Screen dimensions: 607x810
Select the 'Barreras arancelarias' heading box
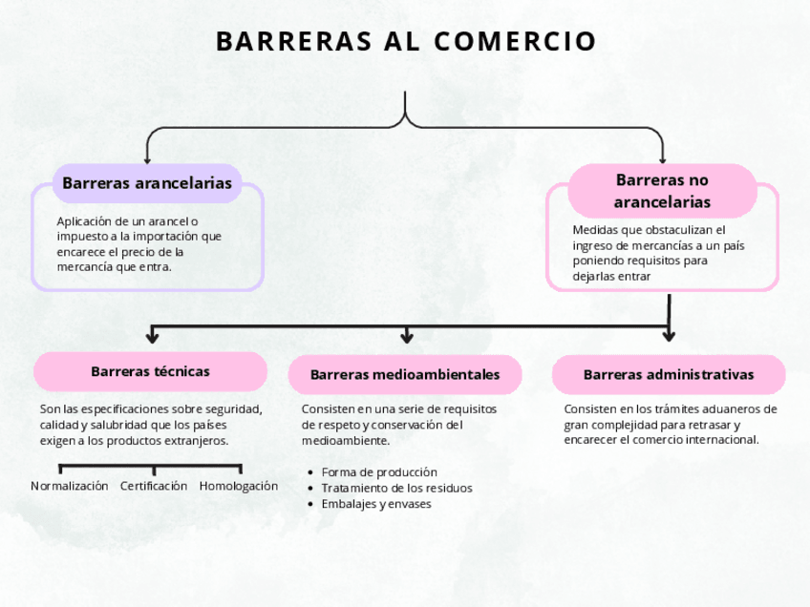pos(147,182)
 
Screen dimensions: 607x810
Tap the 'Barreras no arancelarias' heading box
pos(662,191)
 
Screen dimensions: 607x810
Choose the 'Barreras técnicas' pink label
pos(150,371)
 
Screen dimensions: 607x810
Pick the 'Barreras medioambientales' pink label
pos(405,374)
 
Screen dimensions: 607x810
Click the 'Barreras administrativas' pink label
pos(669,374)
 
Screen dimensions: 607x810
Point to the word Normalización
pos(70,486)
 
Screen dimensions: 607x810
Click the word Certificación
pos(154,486)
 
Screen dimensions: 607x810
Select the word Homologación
pos(239,486)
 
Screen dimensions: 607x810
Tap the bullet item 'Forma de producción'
pos(379,471)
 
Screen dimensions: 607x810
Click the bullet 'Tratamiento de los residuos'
pos(396,488)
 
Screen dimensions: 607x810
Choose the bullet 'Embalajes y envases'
pos(376,504)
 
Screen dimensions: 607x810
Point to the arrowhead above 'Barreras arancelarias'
pos(147,158)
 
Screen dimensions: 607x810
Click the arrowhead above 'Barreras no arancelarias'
pos(662,158)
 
